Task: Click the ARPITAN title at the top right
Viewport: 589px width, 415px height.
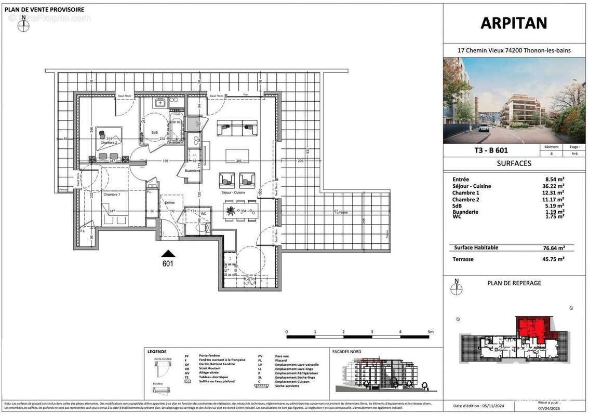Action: [x=514, y=24]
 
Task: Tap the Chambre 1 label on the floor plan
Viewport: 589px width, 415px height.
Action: [x=111, y=194]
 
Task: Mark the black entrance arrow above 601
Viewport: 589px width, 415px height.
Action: [x=168, y=253]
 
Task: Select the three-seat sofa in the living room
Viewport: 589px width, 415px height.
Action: [x=237, y=126]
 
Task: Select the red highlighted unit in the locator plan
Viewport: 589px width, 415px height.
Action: [x=532, y=330]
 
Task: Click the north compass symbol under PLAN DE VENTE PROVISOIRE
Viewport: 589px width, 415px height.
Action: [x=23, y=24]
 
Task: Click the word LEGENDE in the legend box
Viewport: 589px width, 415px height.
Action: [x=157, y=351]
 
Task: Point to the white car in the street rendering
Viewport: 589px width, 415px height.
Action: [x=484, y=128]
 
